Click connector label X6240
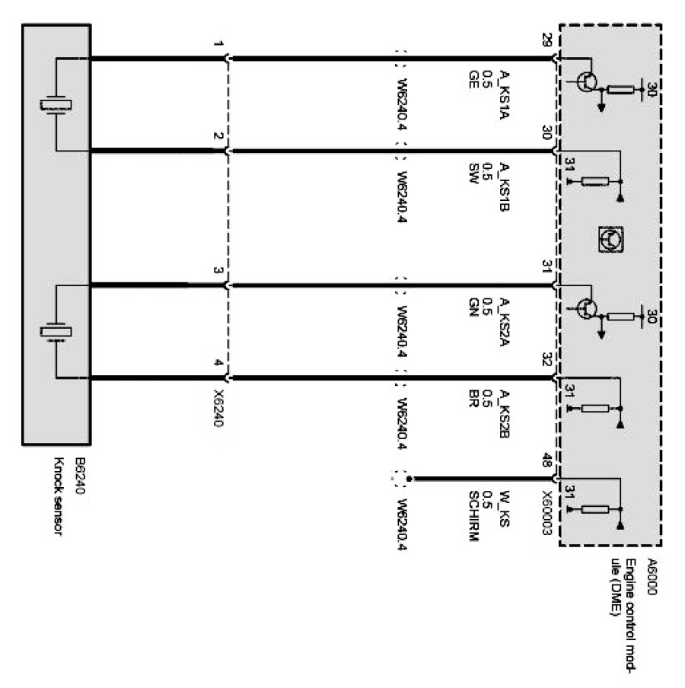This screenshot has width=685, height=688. click(x=219, y=409)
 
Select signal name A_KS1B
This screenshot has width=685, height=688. click(x=504, y=183)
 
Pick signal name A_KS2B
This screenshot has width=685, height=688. click(x=504, y=412)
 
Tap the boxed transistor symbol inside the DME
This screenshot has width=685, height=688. click(x=610, y=239)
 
